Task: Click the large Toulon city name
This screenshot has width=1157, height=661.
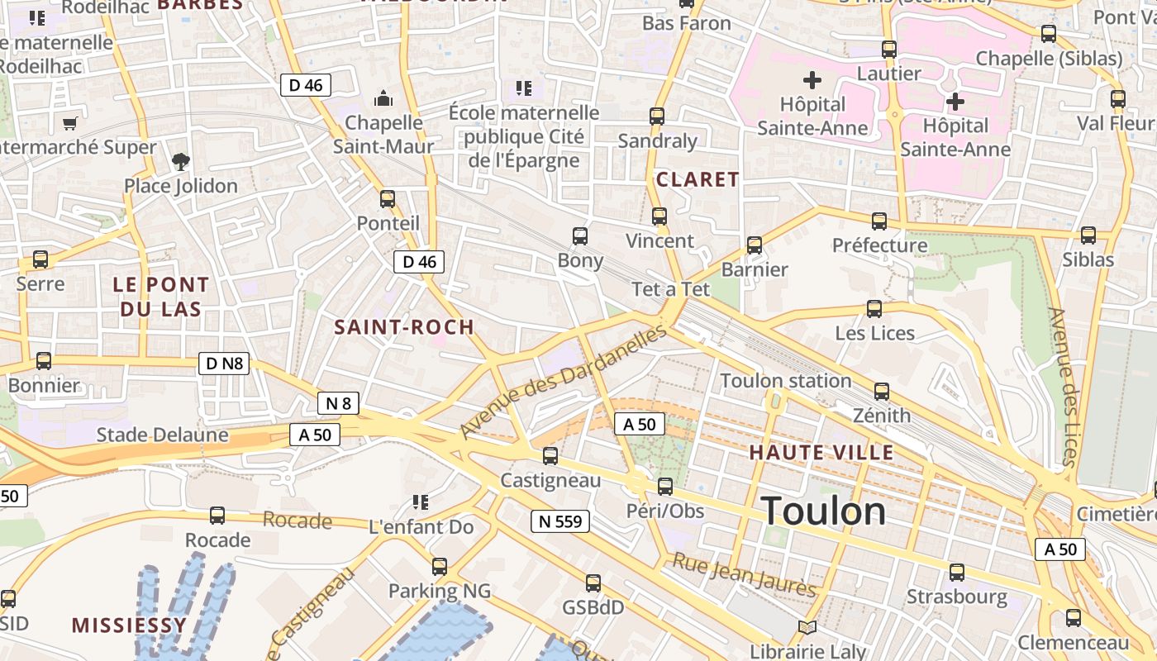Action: [823, 511]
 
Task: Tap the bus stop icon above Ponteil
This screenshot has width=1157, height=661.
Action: [387, 199]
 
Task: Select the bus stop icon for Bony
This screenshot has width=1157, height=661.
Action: [580, 236]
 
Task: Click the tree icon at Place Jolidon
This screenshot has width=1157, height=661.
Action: [180, 162]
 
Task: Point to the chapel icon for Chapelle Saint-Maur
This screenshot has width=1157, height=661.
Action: [383, 99]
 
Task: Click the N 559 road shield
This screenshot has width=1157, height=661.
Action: [559, 521]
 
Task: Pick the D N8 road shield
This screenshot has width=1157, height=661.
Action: [224, 363]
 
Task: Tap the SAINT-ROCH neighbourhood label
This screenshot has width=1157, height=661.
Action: [404, 327]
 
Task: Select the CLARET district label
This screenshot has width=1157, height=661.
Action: [698, 179]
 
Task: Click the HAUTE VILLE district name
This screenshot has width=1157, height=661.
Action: [821, 453]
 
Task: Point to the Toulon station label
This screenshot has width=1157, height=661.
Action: [785, 381]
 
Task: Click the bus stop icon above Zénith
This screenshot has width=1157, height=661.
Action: [882, 392]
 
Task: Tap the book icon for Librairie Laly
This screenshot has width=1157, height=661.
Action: [807, 629]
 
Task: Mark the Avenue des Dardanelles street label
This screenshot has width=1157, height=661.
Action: [564, 381]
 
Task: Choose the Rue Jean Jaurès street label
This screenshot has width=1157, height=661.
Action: [744, 575]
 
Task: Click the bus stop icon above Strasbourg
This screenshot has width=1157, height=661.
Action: [957, 572]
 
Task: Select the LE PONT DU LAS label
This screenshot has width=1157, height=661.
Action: [161, 297]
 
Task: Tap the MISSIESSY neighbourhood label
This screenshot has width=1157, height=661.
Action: [129, 625]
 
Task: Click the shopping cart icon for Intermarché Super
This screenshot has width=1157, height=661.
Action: [69, 124]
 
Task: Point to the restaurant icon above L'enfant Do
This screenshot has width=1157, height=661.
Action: [420, 502]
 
